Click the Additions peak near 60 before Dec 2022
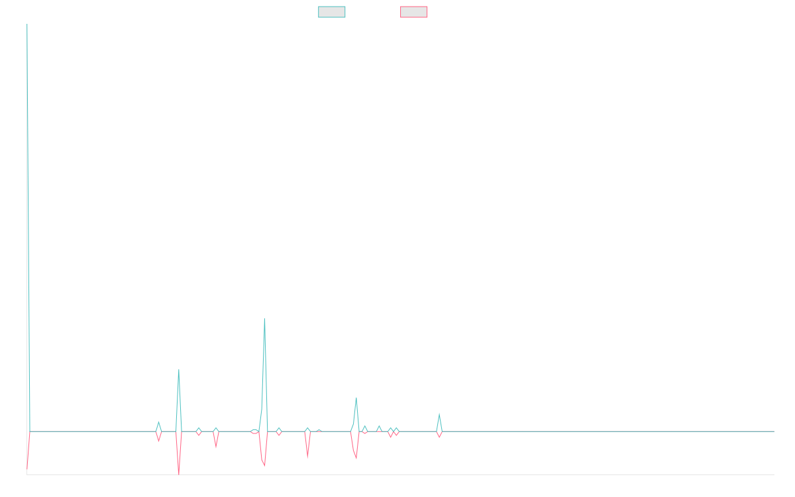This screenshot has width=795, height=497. coord(264,319)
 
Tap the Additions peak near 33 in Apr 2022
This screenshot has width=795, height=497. coord(178,370)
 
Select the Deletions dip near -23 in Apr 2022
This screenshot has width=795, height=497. coord(178,474)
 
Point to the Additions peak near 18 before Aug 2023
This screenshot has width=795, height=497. coord(356,398)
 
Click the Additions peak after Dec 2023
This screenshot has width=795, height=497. coord(439,414)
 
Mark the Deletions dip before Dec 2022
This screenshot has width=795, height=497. coord(264,466)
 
